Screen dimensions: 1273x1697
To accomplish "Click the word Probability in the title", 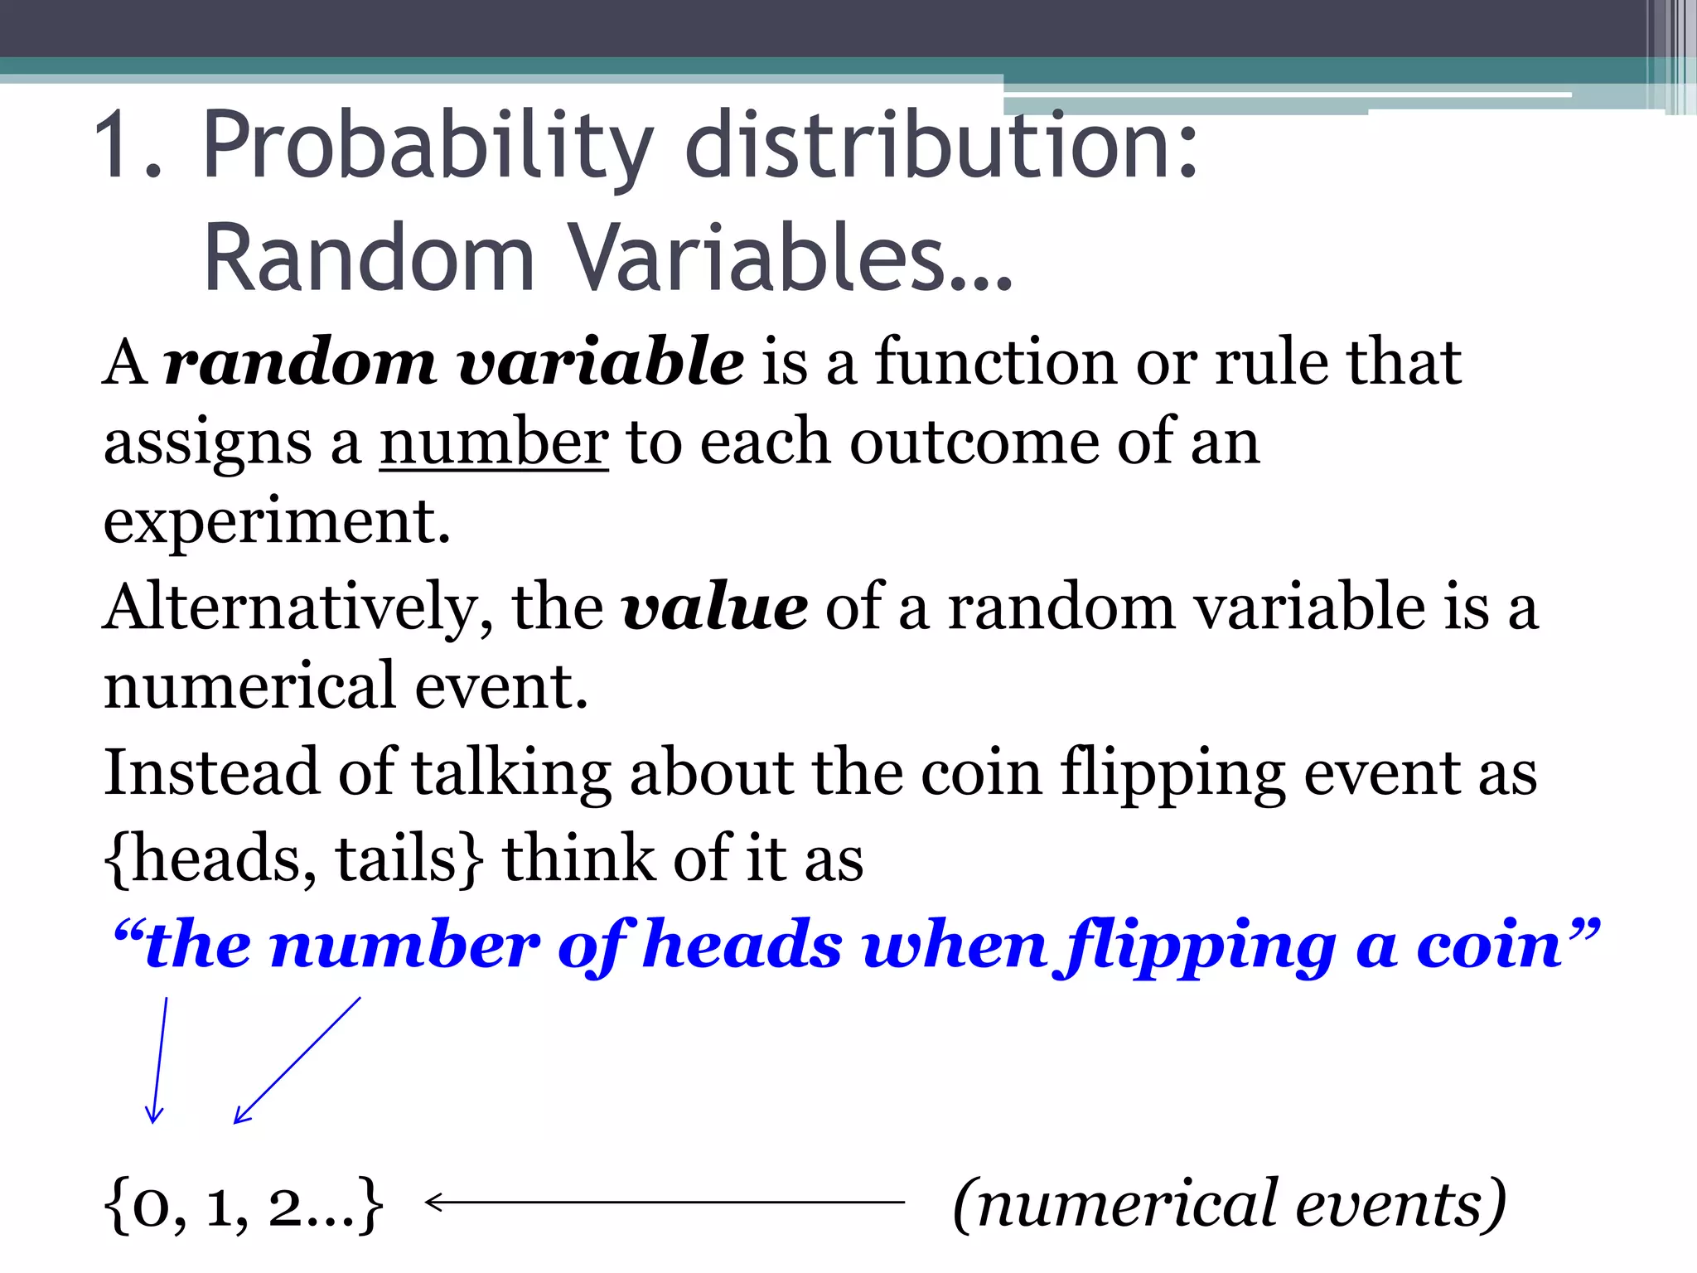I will [428, 148].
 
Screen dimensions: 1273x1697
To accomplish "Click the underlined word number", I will [494, 443].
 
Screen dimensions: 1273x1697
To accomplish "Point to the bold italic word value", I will [714, 607].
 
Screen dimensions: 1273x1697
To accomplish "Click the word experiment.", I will [277, 522].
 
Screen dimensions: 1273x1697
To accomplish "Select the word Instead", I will [210, 772].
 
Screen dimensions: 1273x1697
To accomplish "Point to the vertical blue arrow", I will [158, 1061].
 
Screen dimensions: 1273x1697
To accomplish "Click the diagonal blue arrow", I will [297, 1061].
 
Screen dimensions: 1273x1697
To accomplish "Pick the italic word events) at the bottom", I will [1400, 1203].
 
